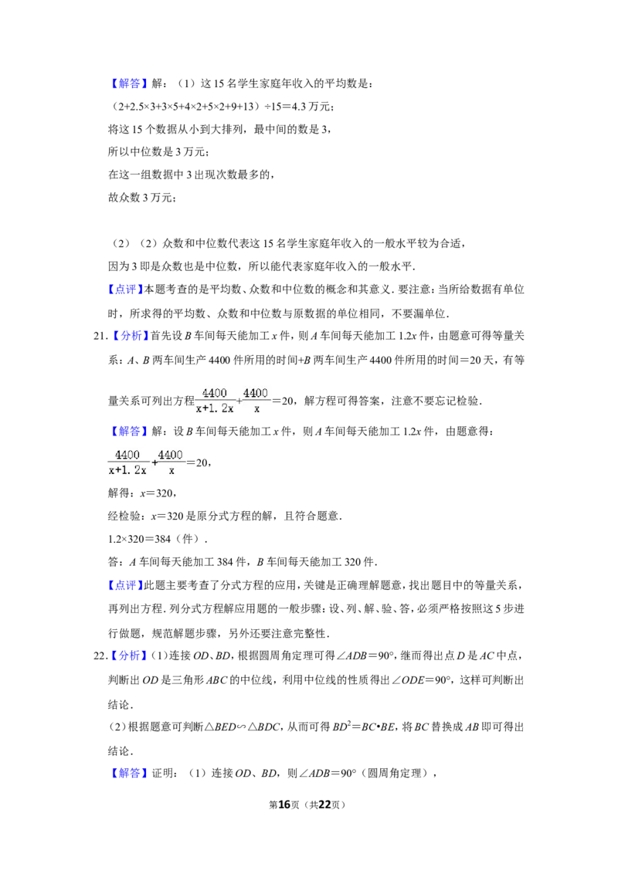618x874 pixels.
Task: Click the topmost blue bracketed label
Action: [x=129, y=83]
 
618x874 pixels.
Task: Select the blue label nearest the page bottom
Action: [x=129, y=773]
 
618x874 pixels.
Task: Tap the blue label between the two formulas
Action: [x=129, y=432]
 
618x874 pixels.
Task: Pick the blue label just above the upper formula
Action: [x=130, y=336]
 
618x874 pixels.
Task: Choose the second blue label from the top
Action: [x=125, y=290]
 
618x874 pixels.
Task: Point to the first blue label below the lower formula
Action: [x=125, y=586]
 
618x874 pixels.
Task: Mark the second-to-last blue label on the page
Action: [x=129, y=655]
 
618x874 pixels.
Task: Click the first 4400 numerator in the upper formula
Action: [x=214, y=393]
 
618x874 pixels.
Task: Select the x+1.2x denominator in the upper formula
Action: [x=214, y=408]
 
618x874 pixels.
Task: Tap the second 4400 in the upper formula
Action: [x=256, y=393]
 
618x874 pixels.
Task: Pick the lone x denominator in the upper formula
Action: [x=256, y=408]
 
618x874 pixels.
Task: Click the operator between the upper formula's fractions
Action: [x=239, y=401]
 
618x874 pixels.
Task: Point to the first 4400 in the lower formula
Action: [x=127, y=455]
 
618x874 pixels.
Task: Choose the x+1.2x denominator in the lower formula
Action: [x=127, y=470]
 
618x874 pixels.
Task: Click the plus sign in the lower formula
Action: [x=154, y=463]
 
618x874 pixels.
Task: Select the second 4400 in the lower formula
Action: [x=171, y=455]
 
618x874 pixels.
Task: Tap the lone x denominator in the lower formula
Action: [x=171, y=470]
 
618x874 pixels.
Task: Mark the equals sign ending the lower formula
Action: [x=188, y=463]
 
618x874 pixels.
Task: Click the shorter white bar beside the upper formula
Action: [x=337, y=392]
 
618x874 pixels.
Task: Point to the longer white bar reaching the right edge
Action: [x=444, y=410]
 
